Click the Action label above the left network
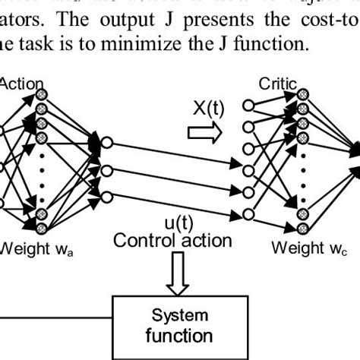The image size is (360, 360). point(24,83)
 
